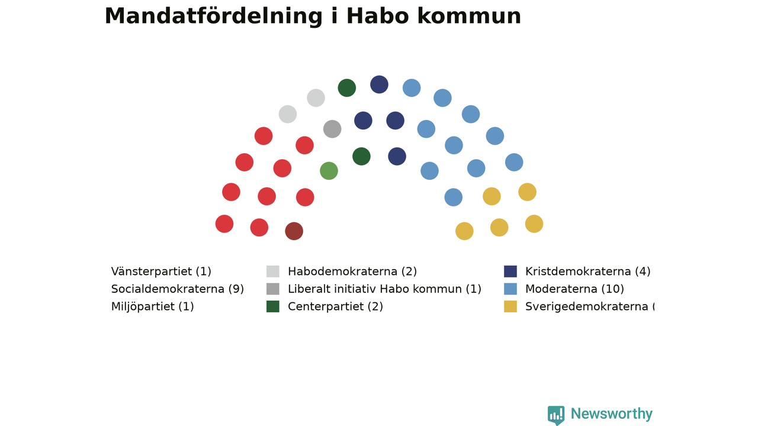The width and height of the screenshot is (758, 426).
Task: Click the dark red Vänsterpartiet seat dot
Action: tap(294, 231)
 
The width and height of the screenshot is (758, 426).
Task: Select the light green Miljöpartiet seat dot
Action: tap(329, 171)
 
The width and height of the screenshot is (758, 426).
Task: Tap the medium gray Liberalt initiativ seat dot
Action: tap(332, 129)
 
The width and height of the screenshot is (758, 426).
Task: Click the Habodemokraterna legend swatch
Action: tap(273, 272)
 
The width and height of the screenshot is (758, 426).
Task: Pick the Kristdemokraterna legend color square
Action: tap(510, 272)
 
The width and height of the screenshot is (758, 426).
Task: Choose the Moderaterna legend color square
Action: tap(510, 289)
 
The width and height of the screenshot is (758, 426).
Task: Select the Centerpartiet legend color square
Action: tap(273, 306)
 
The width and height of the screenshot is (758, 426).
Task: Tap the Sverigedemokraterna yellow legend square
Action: tap(510, 306)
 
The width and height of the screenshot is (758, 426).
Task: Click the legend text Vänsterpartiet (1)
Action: tap(161, 272)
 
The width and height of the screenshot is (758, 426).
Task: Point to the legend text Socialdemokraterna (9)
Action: tap(177, 289)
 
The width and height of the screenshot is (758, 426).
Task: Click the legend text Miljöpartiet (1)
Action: tap(152, 306)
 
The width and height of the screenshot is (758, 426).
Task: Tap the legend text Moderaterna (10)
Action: tap(574, 289)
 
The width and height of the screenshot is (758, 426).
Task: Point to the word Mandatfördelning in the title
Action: tap(214, 17)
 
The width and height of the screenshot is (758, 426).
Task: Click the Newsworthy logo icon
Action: tap(556, 415)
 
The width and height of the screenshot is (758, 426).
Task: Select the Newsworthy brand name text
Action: tap(612, 414)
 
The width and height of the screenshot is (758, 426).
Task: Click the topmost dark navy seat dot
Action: tap(379, 85)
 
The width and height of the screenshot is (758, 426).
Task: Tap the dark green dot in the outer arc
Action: tap(347, 88)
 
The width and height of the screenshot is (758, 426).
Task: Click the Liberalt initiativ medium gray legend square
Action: tap(273, 289)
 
